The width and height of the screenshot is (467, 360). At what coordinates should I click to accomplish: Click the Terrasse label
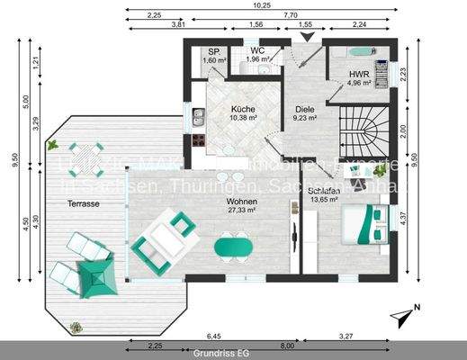[x=83, y=204]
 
